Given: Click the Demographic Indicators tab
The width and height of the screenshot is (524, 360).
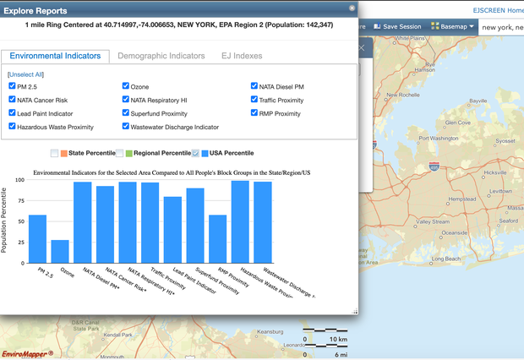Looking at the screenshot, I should click(x=161, y=56).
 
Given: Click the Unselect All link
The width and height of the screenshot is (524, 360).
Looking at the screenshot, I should click(x=25, y=75).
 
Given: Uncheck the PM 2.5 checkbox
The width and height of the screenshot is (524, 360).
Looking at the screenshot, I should click(x=12, y=86).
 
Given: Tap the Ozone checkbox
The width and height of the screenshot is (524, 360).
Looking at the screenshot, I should click(x=126, y=86).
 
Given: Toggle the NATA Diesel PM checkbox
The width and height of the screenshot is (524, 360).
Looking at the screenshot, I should click(x=254, y=86).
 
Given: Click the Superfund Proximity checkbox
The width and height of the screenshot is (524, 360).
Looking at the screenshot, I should click(x=126, y=113).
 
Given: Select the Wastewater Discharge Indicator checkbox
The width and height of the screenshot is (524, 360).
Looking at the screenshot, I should click(x=126, y=127).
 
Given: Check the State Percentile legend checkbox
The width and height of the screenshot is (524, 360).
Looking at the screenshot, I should click(x=54, y=153).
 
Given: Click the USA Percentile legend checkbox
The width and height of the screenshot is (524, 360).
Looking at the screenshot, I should click(x=196, y=153).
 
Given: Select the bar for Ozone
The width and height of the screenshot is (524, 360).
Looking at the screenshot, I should click(x=59, y=251).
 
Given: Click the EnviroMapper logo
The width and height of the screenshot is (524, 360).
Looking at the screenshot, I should click(x=27, y=352).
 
